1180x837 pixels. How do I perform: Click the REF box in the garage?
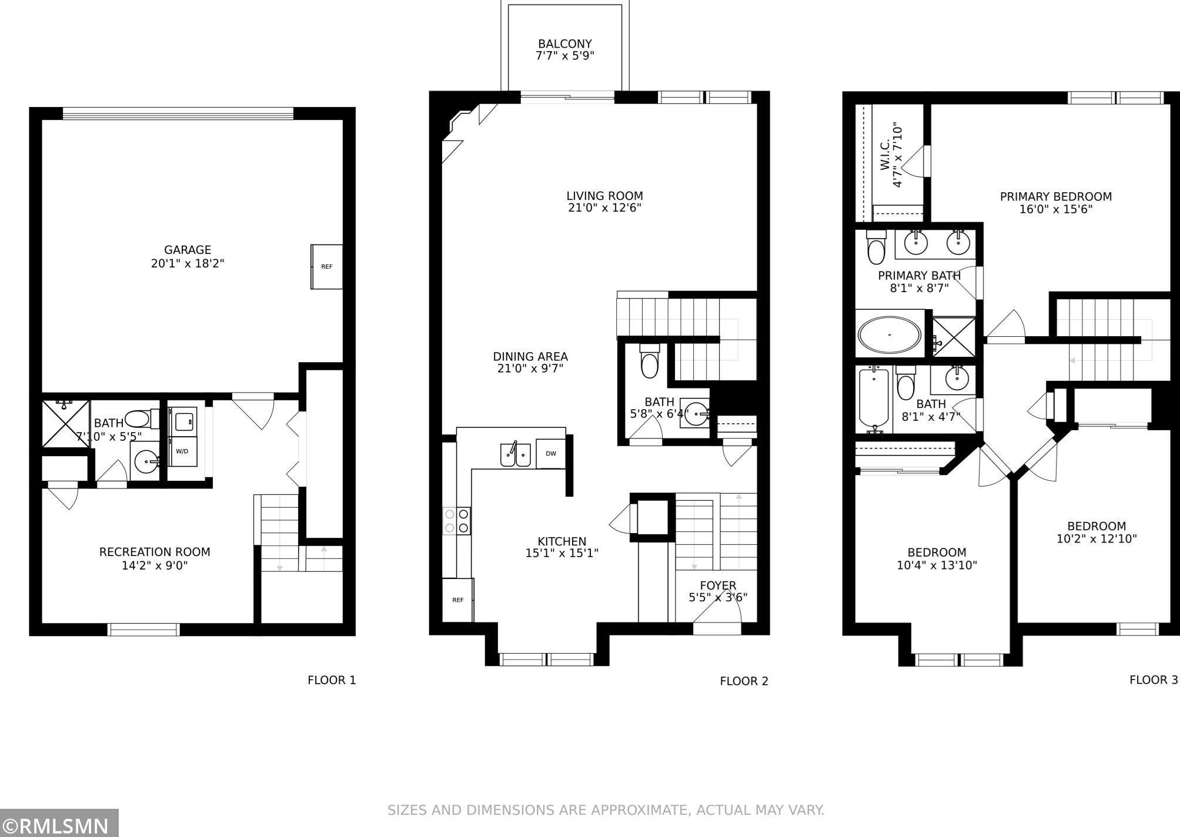click(x=326, y=266)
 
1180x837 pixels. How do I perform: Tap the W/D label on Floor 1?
click(x=182, y=451)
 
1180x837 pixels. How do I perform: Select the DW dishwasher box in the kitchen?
click(x=551, y=453)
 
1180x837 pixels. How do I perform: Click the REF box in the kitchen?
click(x=457, y=600)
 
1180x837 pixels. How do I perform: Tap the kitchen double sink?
click(x=516, y=454)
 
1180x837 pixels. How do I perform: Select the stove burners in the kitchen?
click(x=457, y=521)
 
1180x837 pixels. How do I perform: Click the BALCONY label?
click(x=565, y=44)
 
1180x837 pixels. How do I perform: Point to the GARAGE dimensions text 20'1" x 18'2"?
click(x=188, y=263)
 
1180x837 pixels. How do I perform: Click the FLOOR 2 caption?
click(x=744, y=681)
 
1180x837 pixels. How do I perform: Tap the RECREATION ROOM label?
click(x=155, y=553)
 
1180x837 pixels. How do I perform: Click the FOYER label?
click(x=718, y=585)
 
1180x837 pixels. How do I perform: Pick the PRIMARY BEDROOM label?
click(x=1056, y=197)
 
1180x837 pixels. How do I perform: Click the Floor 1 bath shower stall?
click(x=66, y=423)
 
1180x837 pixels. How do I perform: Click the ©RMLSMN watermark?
click(x=59, y=823)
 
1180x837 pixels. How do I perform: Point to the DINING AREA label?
click(x=530, y=357)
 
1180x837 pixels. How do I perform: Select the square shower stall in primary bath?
click(x=954, y=337)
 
